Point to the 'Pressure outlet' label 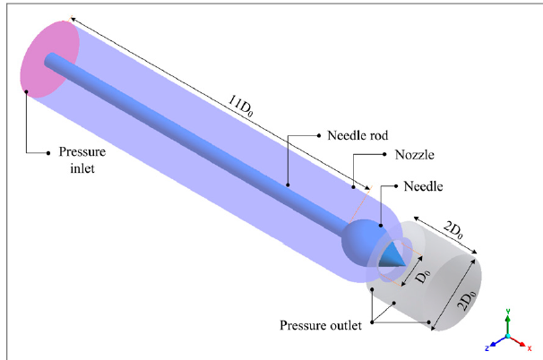322,324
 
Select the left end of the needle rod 51,60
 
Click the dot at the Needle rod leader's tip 288,183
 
